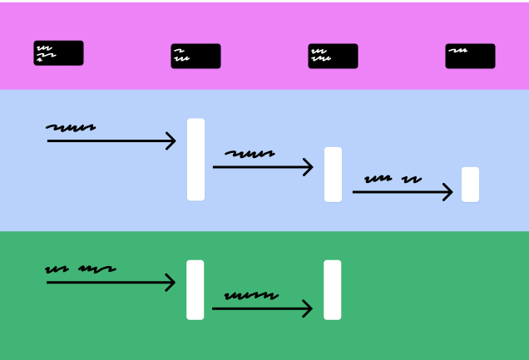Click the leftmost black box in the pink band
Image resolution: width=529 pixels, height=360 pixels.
(x=58, y=53)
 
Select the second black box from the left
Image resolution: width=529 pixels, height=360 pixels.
(x=195, y=56)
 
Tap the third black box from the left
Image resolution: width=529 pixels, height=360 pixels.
(x=333, y=56)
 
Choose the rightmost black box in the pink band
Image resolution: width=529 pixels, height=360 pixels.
(x=470, y=56)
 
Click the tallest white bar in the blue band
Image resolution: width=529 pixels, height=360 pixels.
(x=195, y=160)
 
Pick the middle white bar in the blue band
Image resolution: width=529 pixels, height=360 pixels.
(x=333, y=175)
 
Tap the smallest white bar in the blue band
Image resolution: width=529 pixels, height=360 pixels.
(x=470, y=185)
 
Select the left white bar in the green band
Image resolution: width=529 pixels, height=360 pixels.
(x=195, y=289)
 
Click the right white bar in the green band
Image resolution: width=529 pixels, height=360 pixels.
(x=333, y=289)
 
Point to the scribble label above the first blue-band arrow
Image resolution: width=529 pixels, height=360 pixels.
(x=71, y=128)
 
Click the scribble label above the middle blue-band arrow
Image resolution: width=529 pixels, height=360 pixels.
(x=250, y=154)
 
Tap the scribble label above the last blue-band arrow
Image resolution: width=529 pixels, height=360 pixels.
(x=393, y=179)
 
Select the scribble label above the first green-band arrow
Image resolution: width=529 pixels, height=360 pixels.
(x=80, y=269)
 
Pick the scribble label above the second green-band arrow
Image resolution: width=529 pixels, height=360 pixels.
(x=251, y=295)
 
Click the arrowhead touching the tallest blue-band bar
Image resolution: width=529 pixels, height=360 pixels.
(x=171, y=141)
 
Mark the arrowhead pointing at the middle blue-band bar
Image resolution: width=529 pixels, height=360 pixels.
(x=309, y=167)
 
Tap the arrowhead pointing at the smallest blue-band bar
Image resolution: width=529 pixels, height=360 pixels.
(x=447, y=192)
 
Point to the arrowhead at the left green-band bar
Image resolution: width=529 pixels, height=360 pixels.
(x=171, y=283)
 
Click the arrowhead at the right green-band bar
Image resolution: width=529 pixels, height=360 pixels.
(x=308, y=308)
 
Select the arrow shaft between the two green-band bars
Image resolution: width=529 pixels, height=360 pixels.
(x=258, y=308)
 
